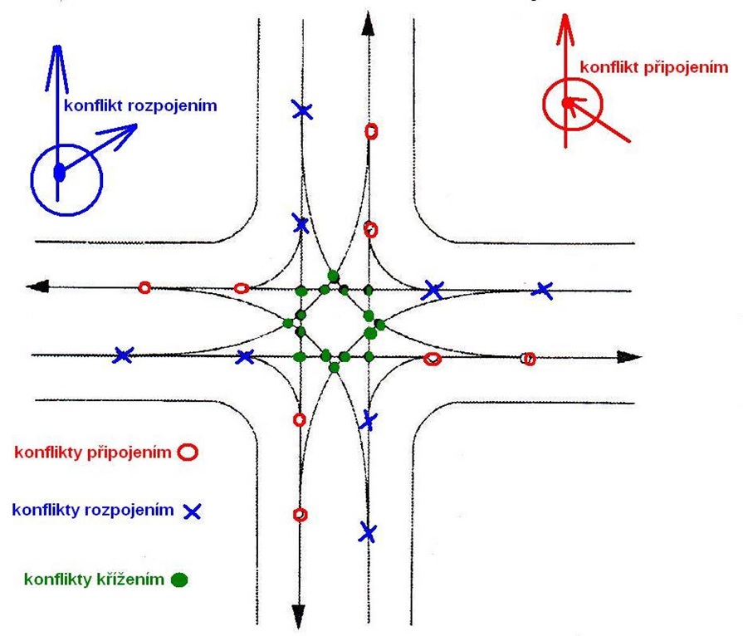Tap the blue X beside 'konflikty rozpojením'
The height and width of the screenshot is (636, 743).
(x=192, y=511)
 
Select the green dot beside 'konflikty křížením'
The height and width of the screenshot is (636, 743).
(x=178, y=580)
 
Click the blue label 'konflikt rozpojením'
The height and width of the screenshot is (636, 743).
(x=146, y=107)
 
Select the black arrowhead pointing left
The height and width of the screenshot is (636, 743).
(x=37, y=286)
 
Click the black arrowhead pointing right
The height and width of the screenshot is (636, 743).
(x=631, y=357)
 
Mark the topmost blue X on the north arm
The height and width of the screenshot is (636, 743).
(x=302, y=110)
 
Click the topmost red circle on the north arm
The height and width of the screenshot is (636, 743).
(x=371, y=130)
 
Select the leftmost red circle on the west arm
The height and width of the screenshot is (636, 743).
(x=144, y=287)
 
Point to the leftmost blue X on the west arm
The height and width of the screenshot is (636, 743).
(x=123, y=355)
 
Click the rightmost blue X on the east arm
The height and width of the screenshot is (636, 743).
(x=543, y=290)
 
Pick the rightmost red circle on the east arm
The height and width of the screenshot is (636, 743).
(x=528, y=359)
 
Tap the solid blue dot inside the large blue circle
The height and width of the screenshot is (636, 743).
(x=59, y=173)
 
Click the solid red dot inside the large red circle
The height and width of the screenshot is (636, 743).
(x=566, y=103)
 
